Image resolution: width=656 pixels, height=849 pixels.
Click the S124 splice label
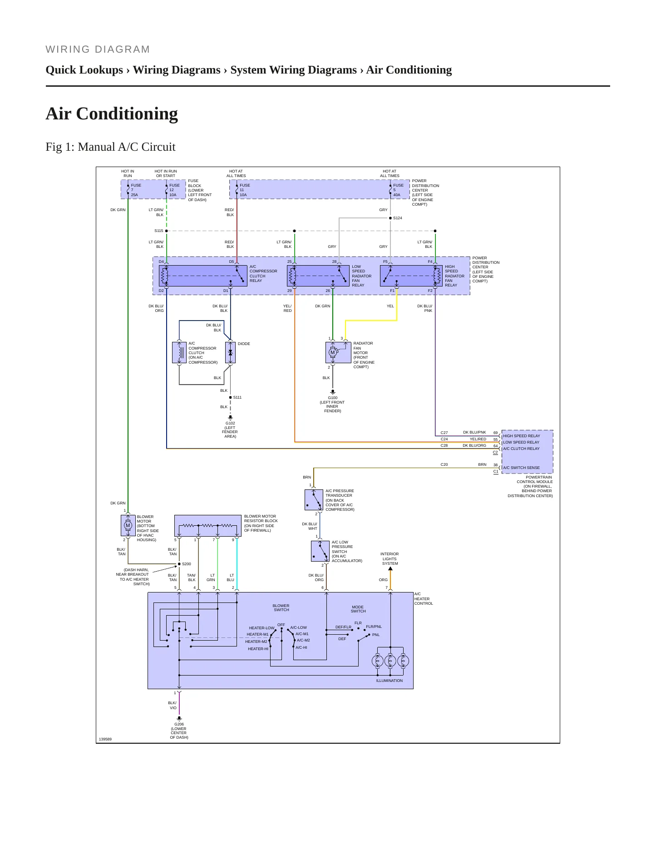click(398, 218)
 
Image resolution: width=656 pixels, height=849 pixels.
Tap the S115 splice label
click(158, 231)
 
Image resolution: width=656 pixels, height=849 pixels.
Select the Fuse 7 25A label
click(136, 190)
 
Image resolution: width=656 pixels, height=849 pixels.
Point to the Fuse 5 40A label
click(398, 190)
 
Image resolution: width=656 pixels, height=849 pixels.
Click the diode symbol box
click(230, 353)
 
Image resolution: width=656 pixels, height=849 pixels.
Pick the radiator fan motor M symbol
click(332, 352)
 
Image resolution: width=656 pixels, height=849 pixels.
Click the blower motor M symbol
click(128, 526)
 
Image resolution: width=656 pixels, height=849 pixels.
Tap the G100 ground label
click(333, 404)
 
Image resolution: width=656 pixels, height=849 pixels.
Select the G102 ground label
click(230, 429)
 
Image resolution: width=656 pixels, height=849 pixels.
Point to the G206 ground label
click(179, 731)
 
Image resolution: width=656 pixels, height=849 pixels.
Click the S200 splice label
click(186, 564)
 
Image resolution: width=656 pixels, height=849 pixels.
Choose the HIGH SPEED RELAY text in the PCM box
click(522, 436)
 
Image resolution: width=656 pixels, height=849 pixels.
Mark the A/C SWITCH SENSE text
click(522, 468)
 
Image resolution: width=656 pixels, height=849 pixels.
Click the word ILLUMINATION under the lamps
click(390, 681)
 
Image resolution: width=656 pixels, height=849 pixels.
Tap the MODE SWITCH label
click(358, 609)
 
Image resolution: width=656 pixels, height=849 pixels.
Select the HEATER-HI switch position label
click(258, 649)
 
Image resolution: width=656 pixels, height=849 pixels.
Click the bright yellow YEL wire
click(371, 321)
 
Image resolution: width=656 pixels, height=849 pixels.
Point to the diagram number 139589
click(105, 740)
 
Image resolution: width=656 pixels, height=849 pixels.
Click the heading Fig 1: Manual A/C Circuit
click(110, 147)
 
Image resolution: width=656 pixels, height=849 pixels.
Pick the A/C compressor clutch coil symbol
click(179, 353)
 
